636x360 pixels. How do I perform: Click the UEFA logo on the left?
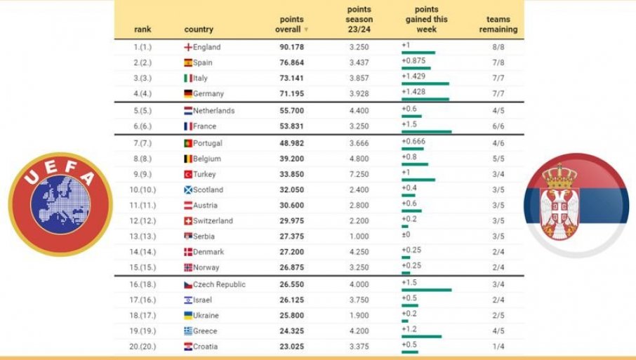[x=60, y=204]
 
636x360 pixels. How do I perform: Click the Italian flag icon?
[x=187, y=79]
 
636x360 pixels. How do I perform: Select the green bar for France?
[x=426, y=131]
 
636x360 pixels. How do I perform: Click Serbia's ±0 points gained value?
[x=406, y=234]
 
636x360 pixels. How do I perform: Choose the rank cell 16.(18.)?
[x=143, y=285]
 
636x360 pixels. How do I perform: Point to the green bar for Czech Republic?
[x=426, y=289]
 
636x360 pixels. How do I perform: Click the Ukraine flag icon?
[x=187, y=316]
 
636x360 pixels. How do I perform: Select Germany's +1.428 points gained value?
[x=413, y=91]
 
